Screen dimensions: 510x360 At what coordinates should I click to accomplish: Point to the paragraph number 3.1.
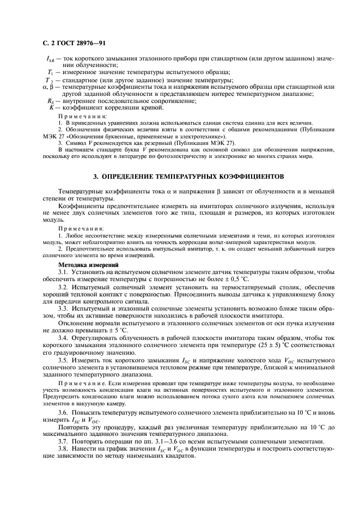(64, 271)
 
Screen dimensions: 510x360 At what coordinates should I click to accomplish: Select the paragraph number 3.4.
(64, 338)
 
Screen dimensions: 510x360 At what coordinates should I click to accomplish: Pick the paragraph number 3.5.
(64, 361)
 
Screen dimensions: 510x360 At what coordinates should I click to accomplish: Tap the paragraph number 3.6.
(64, 416)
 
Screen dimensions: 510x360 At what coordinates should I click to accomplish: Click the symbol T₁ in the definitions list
(50, 72)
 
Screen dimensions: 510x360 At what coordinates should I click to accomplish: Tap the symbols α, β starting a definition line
(48, 87)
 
